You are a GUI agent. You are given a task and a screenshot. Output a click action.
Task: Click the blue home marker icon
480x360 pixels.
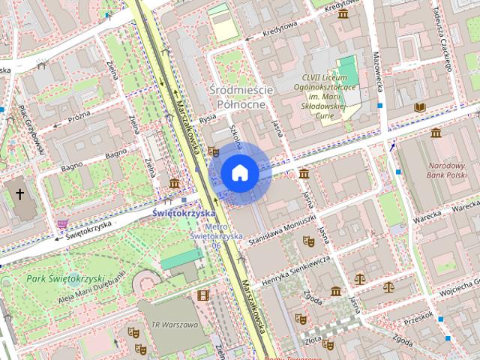pyautogui.click(x=239, y=172)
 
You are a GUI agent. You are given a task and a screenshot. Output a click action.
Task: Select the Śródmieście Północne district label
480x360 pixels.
pyautogui.click(x=244, y=97)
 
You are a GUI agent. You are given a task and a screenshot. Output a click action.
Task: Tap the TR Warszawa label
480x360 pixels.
pyautogui.click(x=174, y=325)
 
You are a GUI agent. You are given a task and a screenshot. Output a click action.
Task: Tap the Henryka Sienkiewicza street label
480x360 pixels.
pyautogui.click(x=296, y=274)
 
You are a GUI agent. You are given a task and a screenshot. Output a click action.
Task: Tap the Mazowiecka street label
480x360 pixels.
pyautogui.click(x=378, y=75)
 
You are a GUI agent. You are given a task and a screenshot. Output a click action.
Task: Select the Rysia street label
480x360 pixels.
pyautogui.click(x=208, y=120)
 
